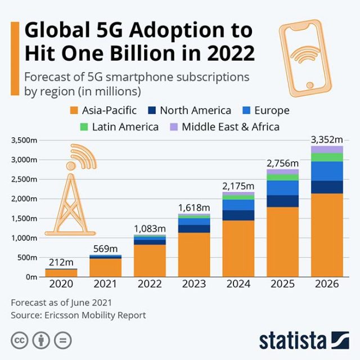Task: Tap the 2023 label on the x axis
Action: click(193, 284)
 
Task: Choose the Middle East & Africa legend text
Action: click(231, 127)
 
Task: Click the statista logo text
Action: click(292, 340)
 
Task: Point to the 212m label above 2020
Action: click(61, 262)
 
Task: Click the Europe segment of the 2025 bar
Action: click(282, 188)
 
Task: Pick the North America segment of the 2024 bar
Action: click(238, 215)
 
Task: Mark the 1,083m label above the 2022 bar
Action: click(149, 228)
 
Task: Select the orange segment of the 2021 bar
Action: click(105, 267)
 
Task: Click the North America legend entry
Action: click(188, 110)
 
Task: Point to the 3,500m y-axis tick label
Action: click(21, 140)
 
